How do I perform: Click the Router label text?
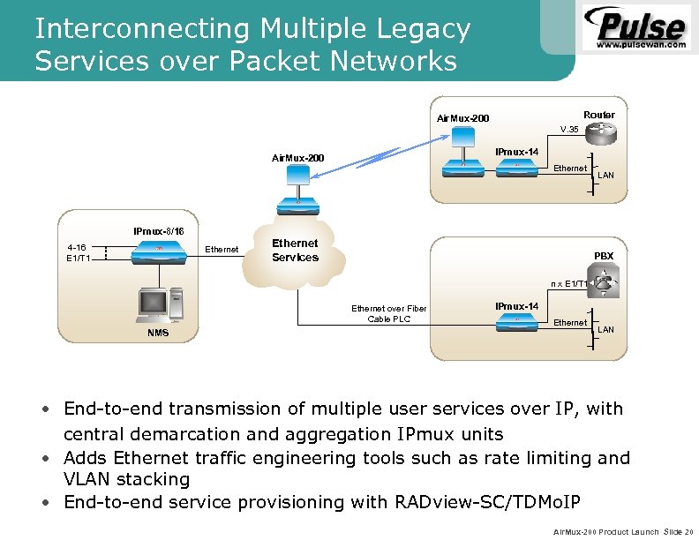pos(599,115)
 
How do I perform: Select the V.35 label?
pos(569,130)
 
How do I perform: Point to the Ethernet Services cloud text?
pos(295,250)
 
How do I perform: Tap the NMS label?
pos(158,334)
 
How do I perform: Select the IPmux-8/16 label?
pos(159,230)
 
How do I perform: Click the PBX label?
pos(604,256)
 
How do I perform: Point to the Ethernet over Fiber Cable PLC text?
pos(388,313)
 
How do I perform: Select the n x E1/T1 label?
pos(568,283)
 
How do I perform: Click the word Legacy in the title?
pos(417,29)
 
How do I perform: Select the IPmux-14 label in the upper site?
pos(516,152)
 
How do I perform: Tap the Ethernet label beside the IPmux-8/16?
pos(222,250)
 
